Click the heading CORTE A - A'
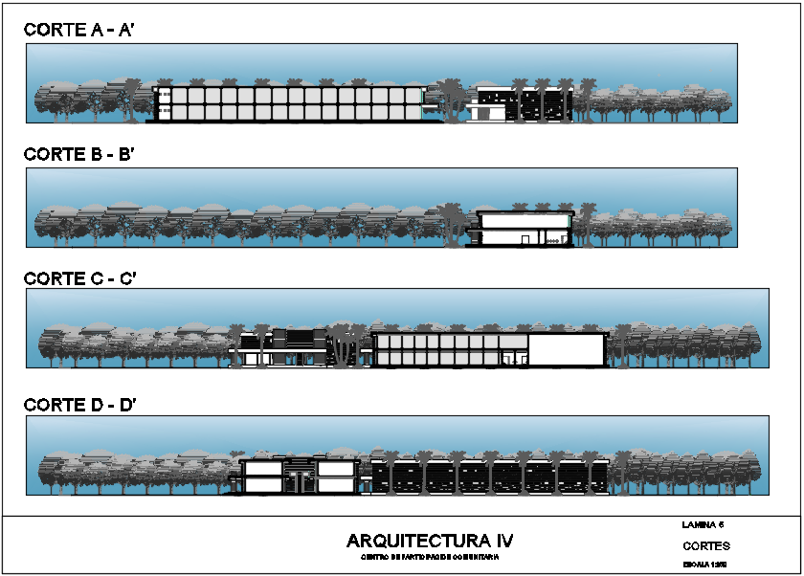click(x=82, y=31)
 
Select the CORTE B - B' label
click(x=82, y=154)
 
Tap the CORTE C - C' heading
click(x=84, y=278)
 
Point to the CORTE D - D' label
click(x=84, y=405)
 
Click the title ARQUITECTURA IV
click(x=430, y=542)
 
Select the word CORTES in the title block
click(x=706, y=546)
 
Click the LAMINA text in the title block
click(x=703, y=524)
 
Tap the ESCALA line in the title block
click(x=705, y=565)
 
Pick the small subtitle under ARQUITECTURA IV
click(x=430, y=557)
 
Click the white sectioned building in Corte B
click(x=525, y=227)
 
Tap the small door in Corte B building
click(x=525, y=239)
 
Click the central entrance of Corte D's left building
click(x=300, y=476)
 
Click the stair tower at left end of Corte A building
click(x=164, y=104)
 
